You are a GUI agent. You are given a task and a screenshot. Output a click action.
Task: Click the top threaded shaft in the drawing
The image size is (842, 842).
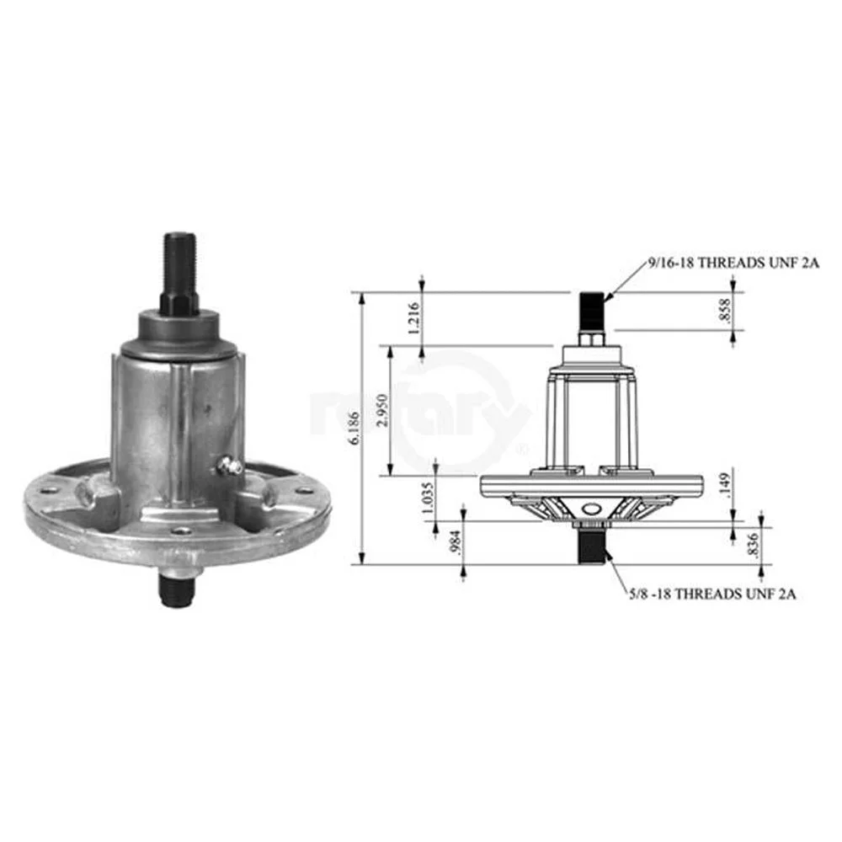click(x=591, y=309)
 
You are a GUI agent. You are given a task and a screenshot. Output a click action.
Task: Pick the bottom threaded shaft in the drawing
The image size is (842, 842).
click(x=591, y=546)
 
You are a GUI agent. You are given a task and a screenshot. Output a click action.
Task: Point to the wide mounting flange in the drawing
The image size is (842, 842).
click(x=591, y=485)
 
